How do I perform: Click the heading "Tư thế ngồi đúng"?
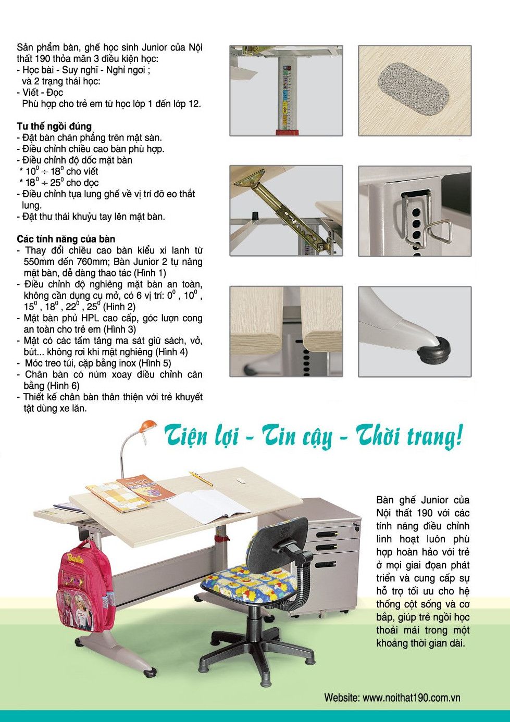pos(54,126)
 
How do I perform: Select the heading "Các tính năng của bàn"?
pos(66,239)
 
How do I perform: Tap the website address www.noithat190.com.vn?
pos(412,698)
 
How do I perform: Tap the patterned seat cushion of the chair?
pos(248,579)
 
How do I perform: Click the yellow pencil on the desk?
pos(201,478)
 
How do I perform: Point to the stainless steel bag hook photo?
pos(415,211)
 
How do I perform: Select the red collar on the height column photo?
pos(288,132)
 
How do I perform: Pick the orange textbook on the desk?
pos(146,488)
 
